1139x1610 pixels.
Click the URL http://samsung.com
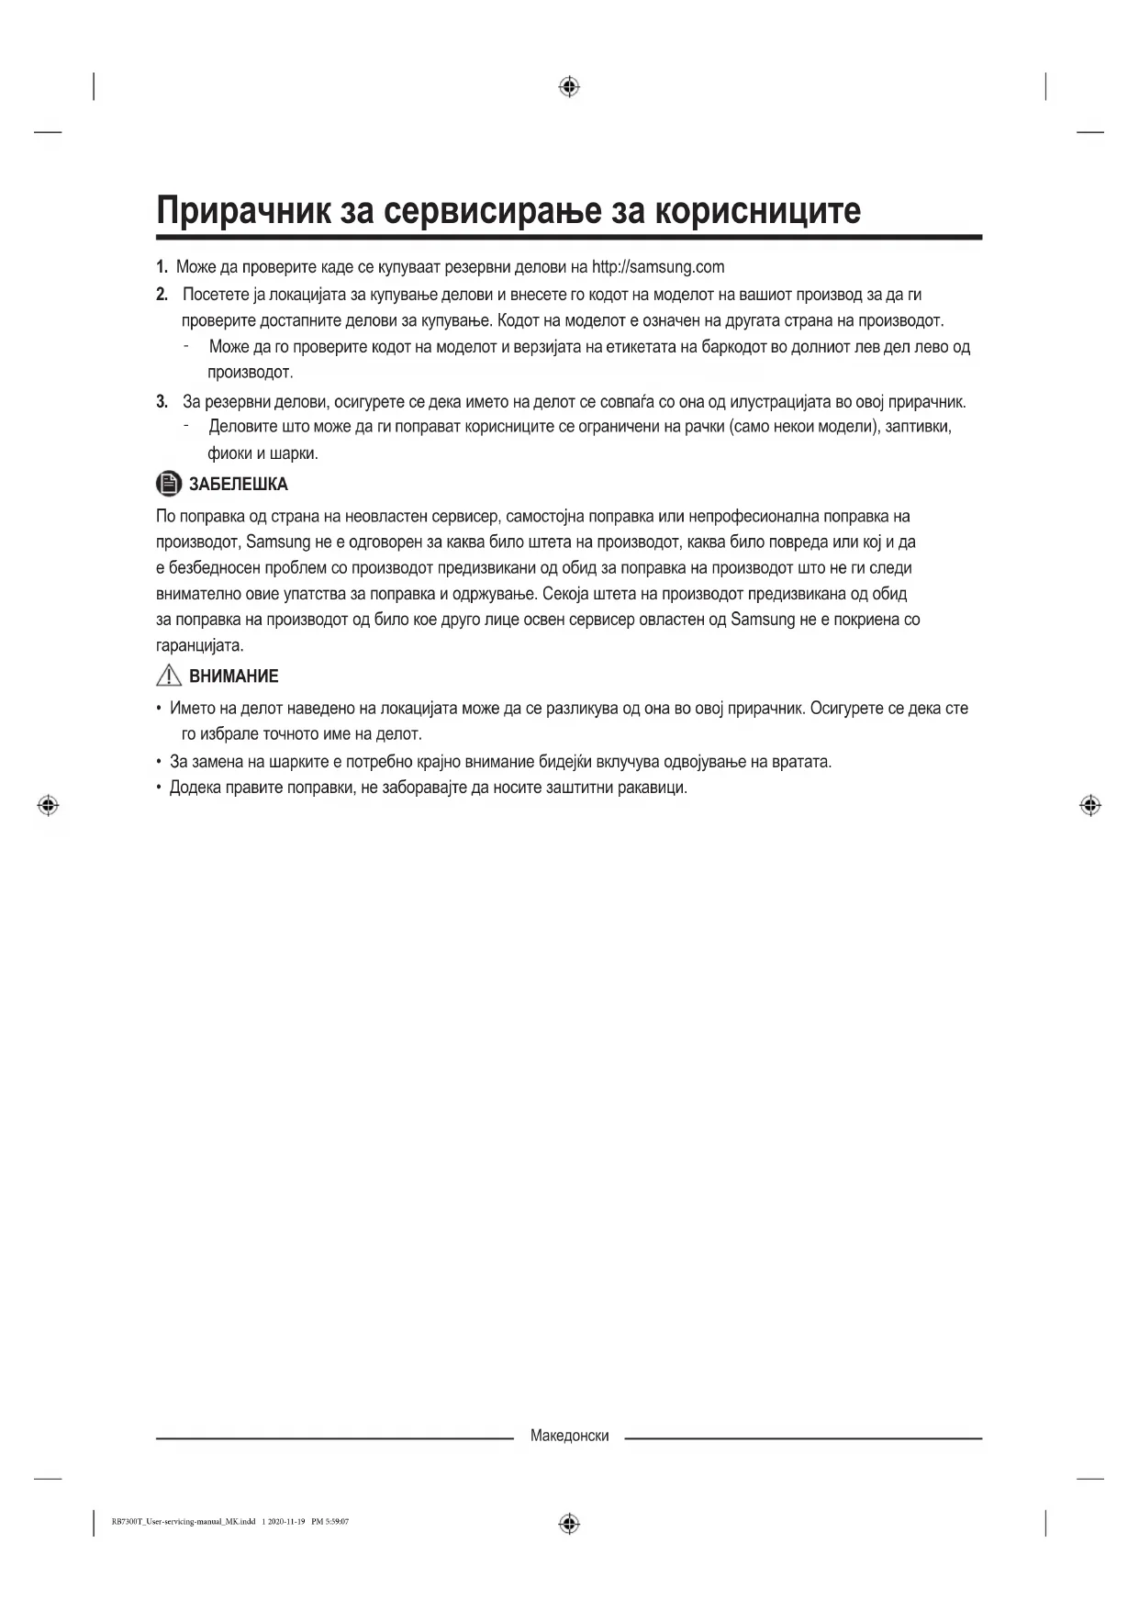pyautogui.click(x=658, y=267)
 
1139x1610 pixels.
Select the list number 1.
pyautogui.click(x=162, y=267)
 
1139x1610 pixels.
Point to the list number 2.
pyautogui.click(x=162, y=295)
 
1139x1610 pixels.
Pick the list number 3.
pyautogui.click(x=162, y=401)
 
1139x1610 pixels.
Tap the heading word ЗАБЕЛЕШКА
pyautogui.click(x=238, y=484)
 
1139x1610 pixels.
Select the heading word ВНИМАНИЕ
pyautogui.click(x=233, y=676)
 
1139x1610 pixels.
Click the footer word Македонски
pyautogui.click(x=569, y=1436)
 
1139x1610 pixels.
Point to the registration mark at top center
pyautogui.click(x=569, y=87)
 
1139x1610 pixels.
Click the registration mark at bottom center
pyautogui.click(x=569, y=1525)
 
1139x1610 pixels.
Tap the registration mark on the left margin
pyautogui.click(x=48, y=805)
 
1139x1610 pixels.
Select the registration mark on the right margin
pyautogui.click(x=1090, y=805)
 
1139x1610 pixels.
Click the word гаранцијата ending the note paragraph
pyautogui.click(x=198, y=645)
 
